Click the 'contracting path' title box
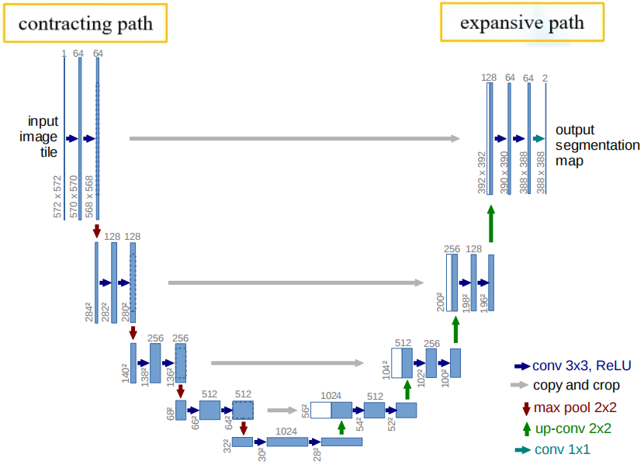click(x=85, y=23)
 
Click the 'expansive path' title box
click(x=521, y=22)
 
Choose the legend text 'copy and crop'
click(x=576, y=385)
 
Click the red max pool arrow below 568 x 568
click(x=97, y=231)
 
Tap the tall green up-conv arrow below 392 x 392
click(x=490, y=224)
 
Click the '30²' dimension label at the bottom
click(x=261, y=453)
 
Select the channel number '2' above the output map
click(x=545, y=78)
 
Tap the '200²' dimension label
click(x=440, y=301)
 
